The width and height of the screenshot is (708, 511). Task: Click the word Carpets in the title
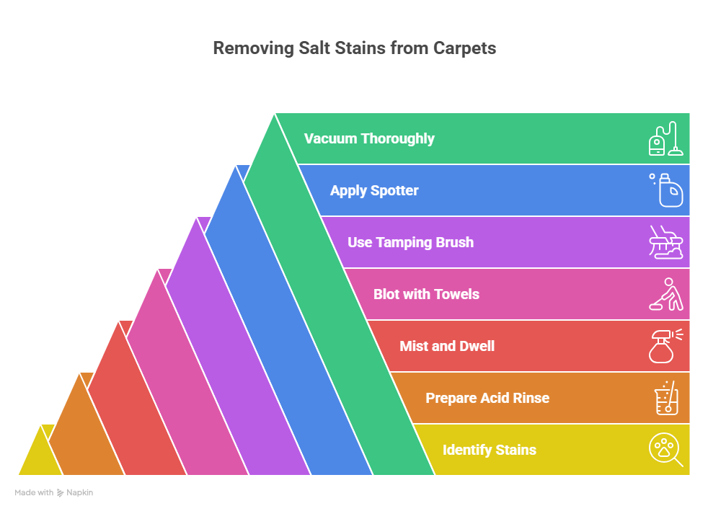coord(464,49)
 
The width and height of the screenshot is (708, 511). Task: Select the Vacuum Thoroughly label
coord(369,138)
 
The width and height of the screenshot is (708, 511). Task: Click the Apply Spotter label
coord(374,191)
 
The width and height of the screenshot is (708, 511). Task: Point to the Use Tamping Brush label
coord(410,243)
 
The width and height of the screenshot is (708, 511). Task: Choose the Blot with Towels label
coord(426,294)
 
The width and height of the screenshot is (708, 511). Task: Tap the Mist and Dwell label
coord(447,346)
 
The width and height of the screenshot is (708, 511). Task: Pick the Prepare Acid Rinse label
coord(487,398)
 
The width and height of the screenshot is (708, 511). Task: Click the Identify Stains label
coord(490,450)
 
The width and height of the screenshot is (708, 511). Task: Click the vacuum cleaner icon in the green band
coord(665,138)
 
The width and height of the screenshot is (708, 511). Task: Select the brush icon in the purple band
coord(665,242)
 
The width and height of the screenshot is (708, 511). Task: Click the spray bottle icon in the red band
coord(665,346)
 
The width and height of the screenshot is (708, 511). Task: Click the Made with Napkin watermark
coord(54,493)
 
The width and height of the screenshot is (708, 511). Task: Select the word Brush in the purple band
coord(453,243)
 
